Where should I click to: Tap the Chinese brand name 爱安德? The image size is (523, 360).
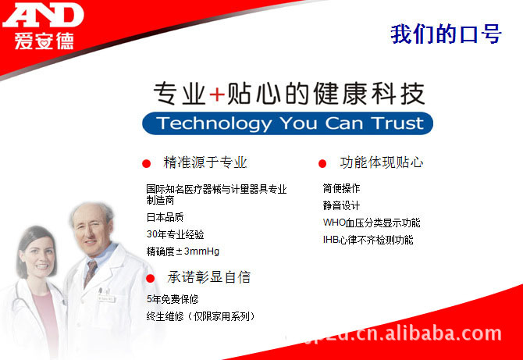tap(44, 41)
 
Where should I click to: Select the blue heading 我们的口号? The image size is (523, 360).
tap(446, 34)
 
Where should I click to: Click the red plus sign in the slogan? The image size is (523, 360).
tap(217, 94)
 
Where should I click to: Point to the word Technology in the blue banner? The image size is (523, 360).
tap(214, 123)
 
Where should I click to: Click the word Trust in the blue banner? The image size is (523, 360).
tap(397, 123)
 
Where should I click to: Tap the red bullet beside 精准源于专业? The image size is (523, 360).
tap(146, 163)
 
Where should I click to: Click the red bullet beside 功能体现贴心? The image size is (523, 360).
tap(322, 163)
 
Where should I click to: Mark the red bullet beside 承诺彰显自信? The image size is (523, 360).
tap(150, 278)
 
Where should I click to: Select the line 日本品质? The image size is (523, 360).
tap(165, 218)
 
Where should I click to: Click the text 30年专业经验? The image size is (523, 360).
tap(175, 234)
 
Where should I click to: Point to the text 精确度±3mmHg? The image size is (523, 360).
tap(183, 251)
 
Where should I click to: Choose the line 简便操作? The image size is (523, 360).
tap(341, 188)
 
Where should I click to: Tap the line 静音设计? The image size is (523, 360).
tap(341, 205)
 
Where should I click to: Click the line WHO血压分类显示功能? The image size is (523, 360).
tap(372, 223)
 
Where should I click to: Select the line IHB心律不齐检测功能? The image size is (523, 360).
tap(368, 240)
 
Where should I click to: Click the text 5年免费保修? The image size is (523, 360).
tap(173, 299)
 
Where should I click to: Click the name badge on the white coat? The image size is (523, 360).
tap(107, 298)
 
